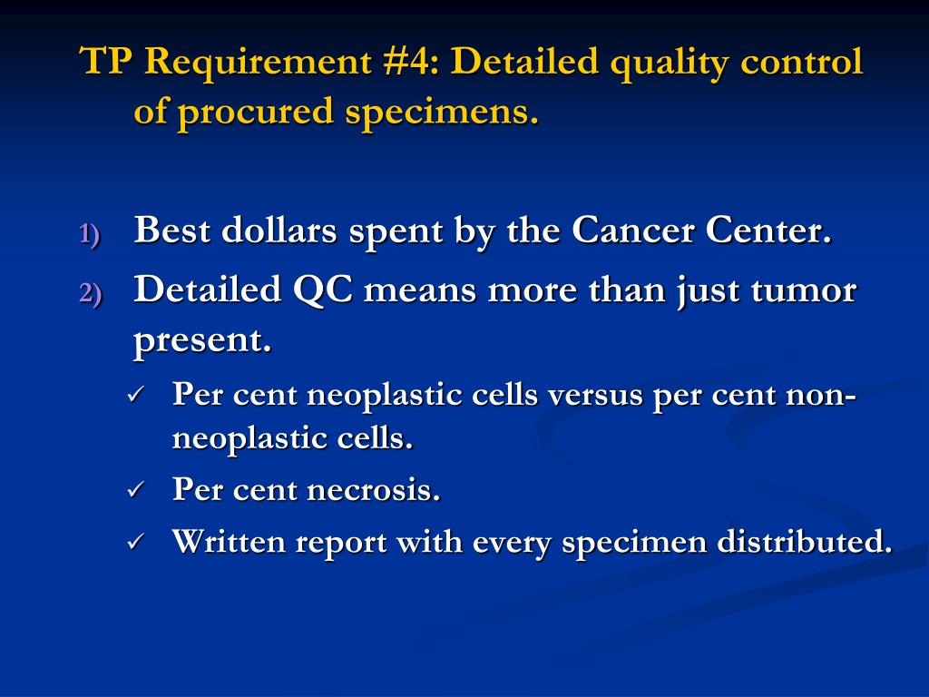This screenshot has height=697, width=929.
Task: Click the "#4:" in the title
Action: [407, 63]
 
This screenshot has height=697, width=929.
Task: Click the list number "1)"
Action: [91, 234]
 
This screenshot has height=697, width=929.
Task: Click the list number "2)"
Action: [91, 293]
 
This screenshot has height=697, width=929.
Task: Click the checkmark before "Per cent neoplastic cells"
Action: [135, 395]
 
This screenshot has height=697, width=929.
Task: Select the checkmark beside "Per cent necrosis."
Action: [135, 490]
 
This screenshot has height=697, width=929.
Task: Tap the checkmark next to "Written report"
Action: [135, 543]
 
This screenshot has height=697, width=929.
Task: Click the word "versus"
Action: [594, 396]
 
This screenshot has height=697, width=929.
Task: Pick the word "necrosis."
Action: [374, 490]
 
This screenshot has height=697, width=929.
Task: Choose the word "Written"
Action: [227, 542]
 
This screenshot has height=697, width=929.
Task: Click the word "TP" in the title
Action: [108, 63]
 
